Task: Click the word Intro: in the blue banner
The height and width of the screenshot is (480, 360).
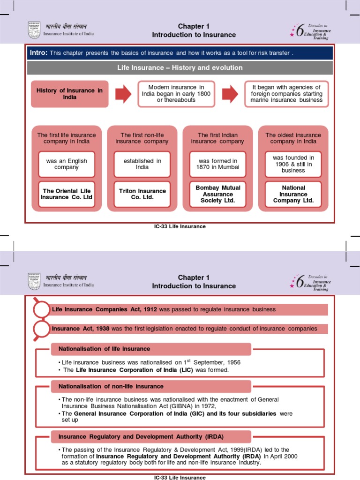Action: pyautogui.click(x=38, y=53)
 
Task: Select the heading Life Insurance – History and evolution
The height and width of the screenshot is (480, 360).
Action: pyautogui.click(x=180, y=68)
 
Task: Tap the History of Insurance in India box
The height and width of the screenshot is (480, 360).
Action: pyautogui.click(x=69, y=94)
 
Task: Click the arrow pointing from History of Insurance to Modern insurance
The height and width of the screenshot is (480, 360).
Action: pyautogui.click(x=123, y=94)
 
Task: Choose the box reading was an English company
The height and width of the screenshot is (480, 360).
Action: pyautogui.click(x=67, y=164)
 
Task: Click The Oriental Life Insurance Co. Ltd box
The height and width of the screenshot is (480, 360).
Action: pyautogui.click(x=67, y=194)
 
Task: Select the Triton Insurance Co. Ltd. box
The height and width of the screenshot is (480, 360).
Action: pyautogui.click(x=142, y=194)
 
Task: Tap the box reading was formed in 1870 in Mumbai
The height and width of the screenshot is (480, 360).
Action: pyautogui.click(x=218, y=164)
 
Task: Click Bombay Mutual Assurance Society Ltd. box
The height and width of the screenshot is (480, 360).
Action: pyautogui.click(x=218, y=194)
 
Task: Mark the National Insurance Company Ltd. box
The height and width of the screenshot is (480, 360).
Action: pyautogui.click(x=293, y=194)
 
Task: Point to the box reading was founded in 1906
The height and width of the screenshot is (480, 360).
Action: pyautogui.click(x=293, y=164)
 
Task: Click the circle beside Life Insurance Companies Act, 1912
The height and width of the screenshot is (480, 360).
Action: pyautogui.click(x=42, y=310)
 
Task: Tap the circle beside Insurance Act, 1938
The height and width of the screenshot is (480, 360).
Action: pyautogui.click(x=42, y=329)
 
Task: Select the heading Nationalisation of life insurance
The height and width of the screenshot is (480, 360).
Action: pyautogui.click(x=104, y=349)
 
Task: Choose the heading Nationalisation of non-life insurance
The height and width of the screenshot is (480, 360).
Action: pyautogui.click(x=111, y=386)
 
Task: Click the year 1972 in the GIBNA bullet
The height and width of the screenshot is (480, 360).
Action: pyautogui.click(x=207, y=406)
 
